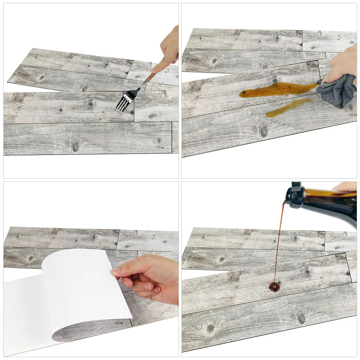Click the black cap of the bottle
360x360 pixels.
point(295,196)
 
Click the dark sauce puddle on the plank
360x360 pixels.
point(274,286)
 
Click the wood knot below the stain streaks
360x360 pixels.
point(264,131)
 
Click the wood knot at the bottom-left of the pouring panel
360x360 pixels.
point(211,327)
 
